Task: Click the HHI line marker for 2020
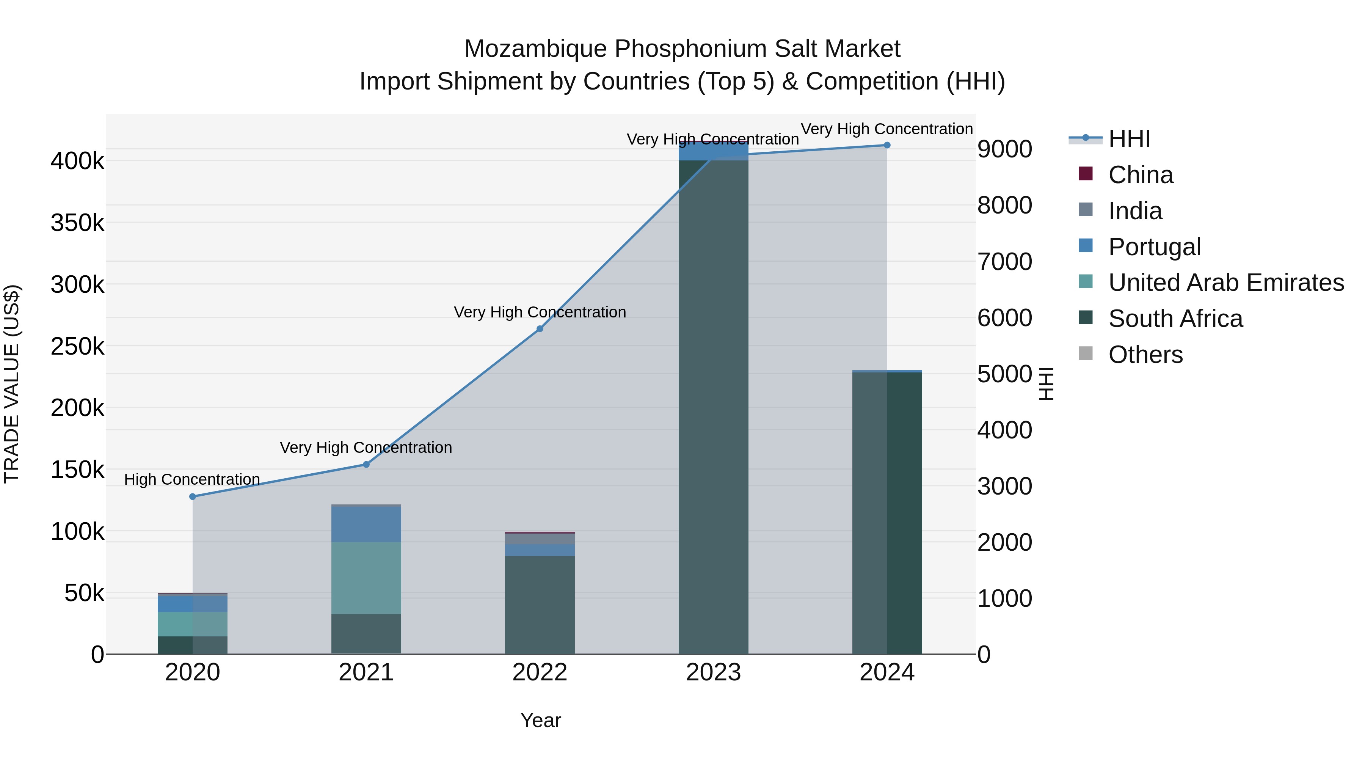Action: pyautogui.click(x=192, y=496)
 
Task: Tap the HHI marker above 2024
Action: pyautogui.click(x=887, y=145)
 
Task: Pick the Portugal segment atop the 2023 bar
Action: pyautogui.click(x=713, y=151)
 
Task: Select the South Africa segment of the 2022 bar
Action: pyautogui.click(x=540, y=604)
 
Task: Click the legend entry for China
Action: pyautogui.click(x=1140, y=175)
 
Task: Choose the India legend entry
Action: pyautogui.click(x=1134, y=211)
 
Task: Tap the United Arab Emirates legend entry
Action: pyautogui.click(x=1225, y=283)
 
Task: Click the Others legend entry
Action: pyautogui.click(x=1145, y=355)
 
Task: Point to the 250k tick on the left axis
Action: pyautogui.click(x=77, y=347)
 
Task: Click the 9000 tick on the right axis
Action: pyautogui.click(x=1004, y=149)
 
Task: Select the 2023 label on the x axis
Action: pyautogui.click(x=713, y=672)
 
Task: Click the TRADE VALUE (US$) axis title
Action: pyautogui.click(x=12, y=384)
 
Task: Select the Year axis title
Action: pyautogui.click(x=540, y=720)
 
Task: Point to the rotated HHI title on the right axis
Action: pyautogui.click(x=1046, y=384)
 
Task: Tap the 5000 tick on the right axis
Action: pyautogui.click(x=1004, y=374)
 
